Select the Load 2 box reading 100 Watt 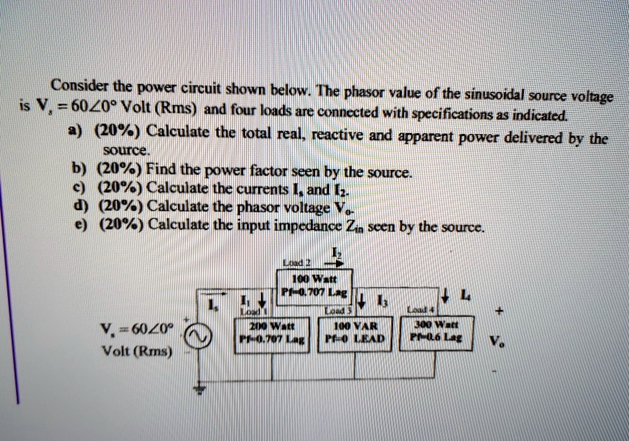click(x=314, y=287)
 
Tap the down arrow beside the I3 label click(x=362, y=301)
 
